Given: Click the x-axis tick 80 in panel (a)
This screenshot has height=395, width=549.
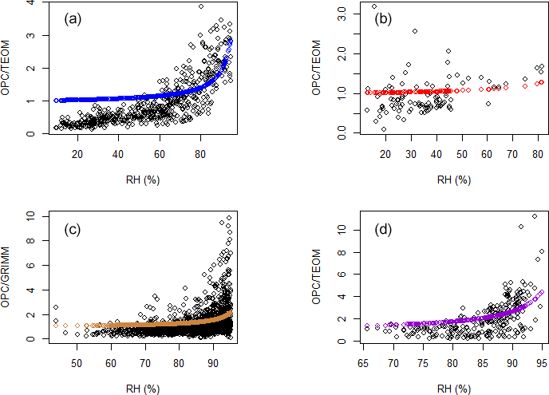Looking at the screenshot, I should click(x=200, y=153).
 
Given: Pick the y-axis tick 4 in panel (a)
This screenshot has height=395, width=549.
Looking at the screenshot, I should click(x=30, y=3).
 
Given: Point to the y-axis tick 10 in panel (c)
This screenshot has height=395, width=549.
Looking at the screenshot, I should click(x=30, y=216).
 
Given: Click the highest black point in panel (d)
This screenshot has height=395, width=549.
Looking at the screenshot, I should click(x=534, y=216).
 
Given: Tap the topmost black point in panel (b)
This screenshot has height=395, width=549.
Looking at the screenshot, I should click(x=374, y=7).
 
